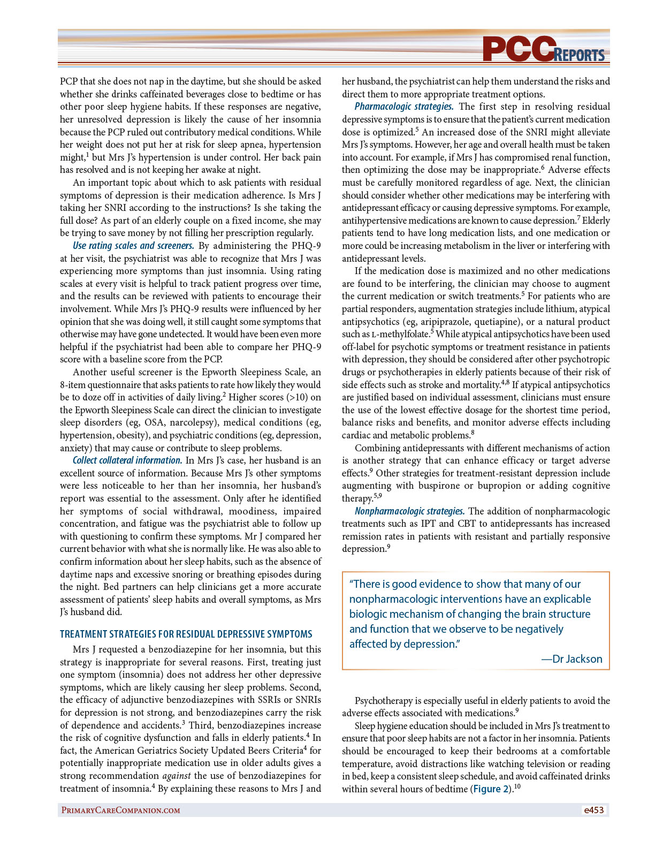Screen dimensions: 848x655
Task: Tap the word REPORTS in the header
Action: click(580, 55)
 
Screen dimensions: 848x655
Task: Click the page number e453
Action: click(593, 810)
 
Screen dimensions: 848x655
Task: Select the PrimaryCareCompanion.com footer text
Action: click(120, 810)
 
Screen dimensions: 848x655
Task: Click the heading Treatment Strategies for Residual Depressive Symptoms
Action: click(186, 634)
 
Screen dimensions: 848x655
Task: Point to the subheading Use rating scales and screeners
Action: click(133, 246)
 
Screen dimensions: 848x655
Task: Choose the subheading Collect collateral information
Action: click(127, 460)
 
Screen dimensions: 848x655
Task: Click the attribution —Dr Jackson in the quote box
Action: click(572, 659)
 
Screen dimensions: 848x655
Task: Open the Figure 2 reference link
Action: click(490, 789)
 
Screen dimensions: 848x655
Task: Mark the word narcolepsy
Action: click(191, 423)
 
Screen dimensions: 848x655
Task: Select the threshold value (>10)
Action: click(298, 397)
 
